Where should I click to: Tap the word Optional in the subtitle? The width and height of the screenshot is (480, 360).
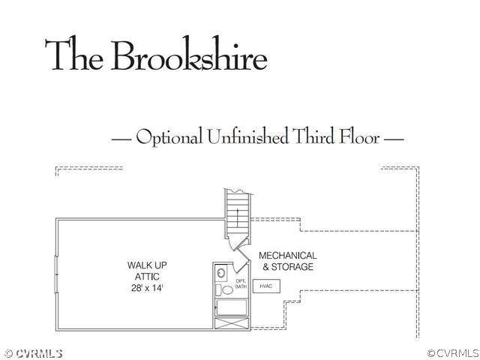coord(169,136)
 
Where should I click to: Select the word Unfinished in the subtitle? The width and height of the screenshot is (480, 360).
coord(247,136)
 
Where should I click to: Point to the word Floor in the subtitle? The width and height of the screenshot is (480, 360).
coord(359,136)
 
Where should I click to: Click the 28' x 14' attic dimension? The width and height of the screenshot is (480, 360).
coord(147,288)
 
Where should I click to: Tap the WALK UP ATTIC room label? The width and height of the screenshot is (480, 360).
coord(147,271)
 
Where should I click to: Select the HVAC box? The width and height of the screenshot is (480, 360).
coord(266,286)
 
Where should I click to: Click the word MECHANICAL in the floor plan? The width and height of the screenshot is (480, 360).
coord(288,255)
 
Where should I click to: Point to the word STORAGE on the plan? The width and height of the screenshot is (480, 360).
coord(292,267)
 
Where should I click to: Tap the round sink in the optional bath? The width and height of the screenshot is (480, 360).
coord(221,272)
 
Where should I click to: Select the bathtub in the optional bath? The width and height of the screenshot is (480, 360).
coord(232,307)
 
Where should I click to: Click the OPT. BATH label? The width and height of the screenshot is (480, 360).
coord(241,283)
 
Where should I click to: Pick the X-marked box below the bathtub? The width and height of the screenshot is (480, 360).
coord(232,323)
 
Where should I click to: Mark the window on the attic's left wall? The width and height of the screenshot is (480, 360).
coord(56,274)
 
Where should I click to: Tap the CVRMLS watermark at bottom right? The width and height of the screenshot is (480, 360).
coord(453,353)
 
